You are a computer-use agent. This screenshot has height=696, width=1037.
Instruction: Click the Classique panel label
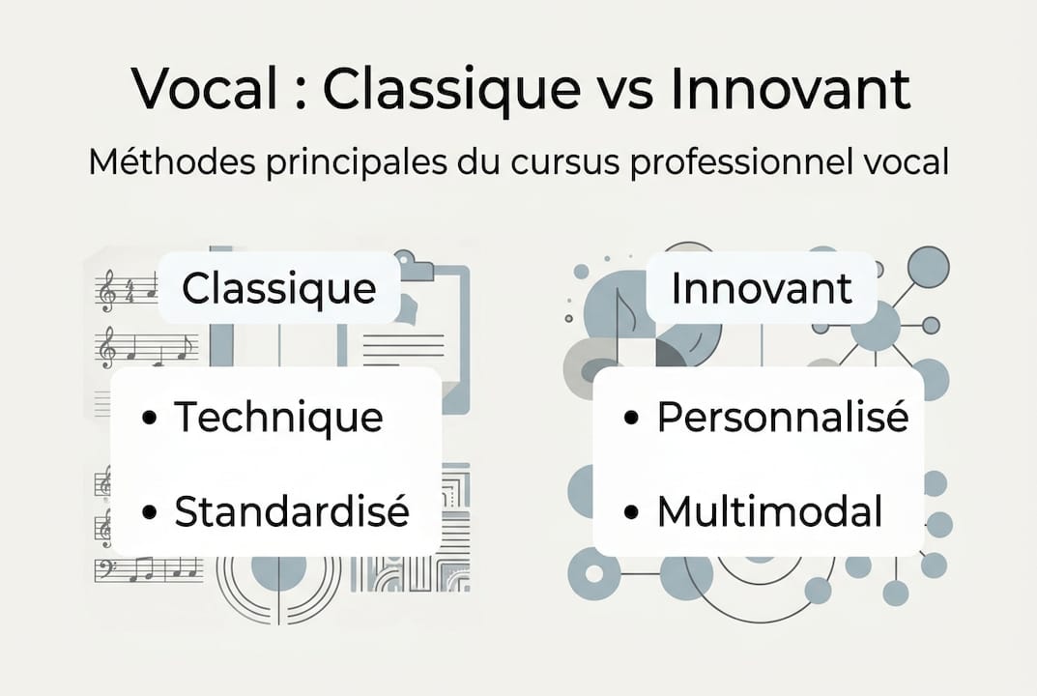coord(278,288)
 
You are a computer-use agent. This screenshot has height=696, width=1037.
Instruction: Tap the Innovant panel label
coord(762,288)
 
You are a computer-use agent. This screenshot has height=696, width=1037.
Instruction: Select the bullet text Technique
coord(278,418)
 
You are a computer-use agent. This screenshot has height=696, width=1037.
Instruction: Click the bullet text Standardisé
coord(291,512)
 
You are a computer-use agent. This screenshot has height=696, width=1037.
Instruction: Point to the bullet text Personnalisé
coord(782,418)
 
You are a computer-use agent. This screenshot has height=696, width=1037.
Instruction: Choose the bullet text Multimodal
coord(769,512)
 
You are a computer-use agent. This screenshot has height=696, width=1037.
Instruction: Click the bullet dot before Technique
coord(149,419)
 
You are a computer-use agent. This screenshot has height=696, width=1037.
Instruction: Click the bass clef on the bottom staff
coord(104,568)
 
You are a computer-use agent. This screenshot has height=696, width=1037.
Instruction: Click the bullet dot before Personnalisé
coord(632,419)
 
